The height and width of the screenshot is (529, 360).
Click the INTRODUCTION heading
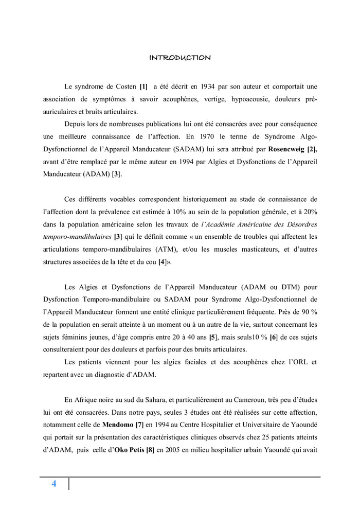[x=179, y=58]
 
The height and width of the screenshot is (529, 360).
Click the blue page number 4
[x=53, y=484]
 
